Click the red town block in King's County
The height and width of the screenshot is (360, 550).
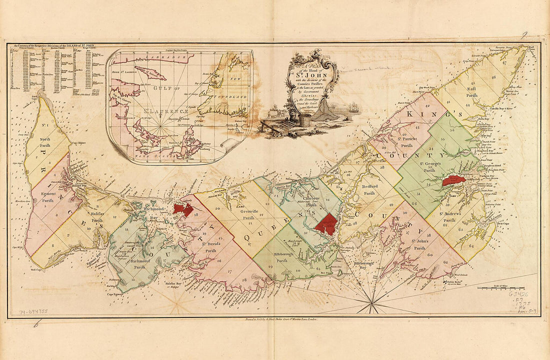tap(453, 180)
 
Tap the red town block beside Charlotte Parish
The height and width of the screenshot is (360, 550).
tap(326, 224)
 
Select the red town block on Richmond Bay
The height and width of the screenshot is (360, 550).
tap(182, 209)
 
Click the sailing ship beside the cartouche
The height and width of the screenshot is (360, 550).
tap(353, 107)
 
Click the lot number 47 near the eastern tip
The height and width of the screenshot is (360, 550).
tap(504, 63)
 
